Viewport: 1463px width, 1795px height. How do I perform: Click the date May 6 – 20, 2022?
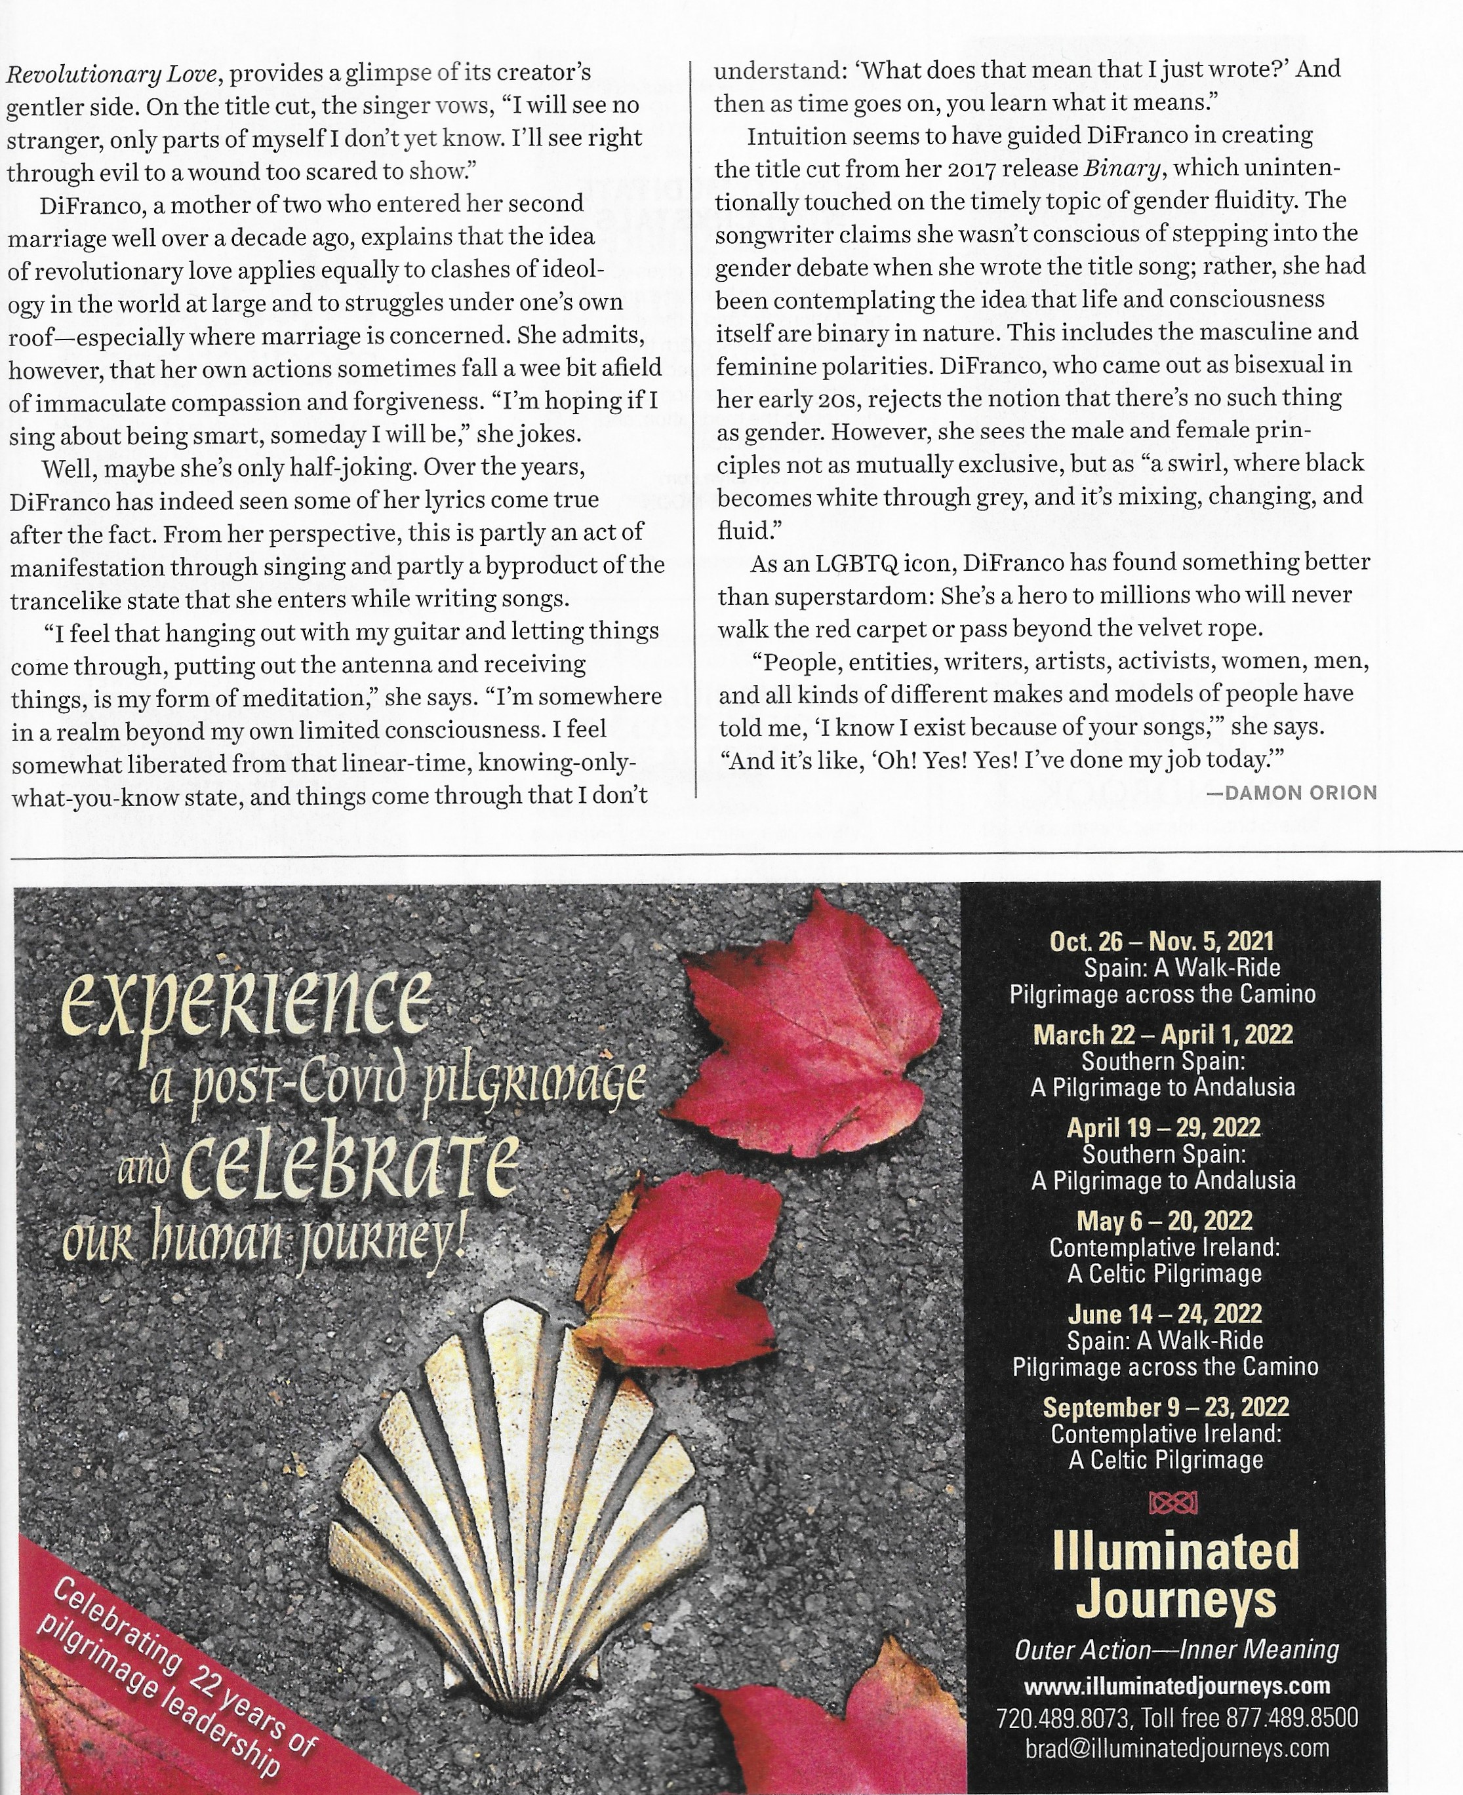pyautogui.click(x=1164, y=1220)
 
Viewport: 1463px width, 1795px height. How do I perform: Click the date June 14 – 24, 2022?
pyautogui.click(x=1164, y=1314)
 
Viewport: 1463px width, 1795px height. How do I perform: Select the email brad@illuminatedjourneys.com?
pyautogui.click(x=1176, y=1748)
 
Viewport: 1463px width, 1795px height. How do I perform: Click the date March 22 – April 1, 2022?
pyautogui.click(x=1163, y=1034)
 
